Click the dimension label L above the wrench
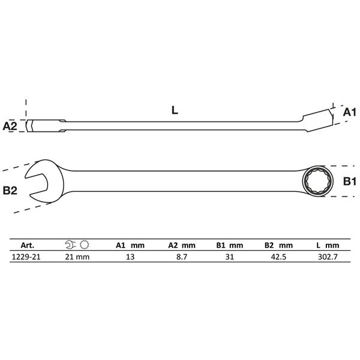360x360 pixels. pyautogui.click(x=175, y=110)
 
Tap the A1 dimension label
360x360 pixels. pyautogui.click(x=349, y=113)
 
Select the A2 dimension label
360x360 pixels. pyautogui.click(x=10, y=126)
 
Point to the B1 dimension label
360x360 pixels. pyautogui.click(x=349, y=181)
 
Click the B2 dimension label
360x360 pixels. pyautogui.click(x=10, y=191)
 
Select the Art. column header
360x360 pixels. pyautogui.click(x=28, y=245)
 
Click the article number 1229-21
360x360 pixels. pyautogui.click(x=26, y=257)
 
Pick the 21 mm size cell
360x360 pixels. pyautogui.click(x=77, y=257)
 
